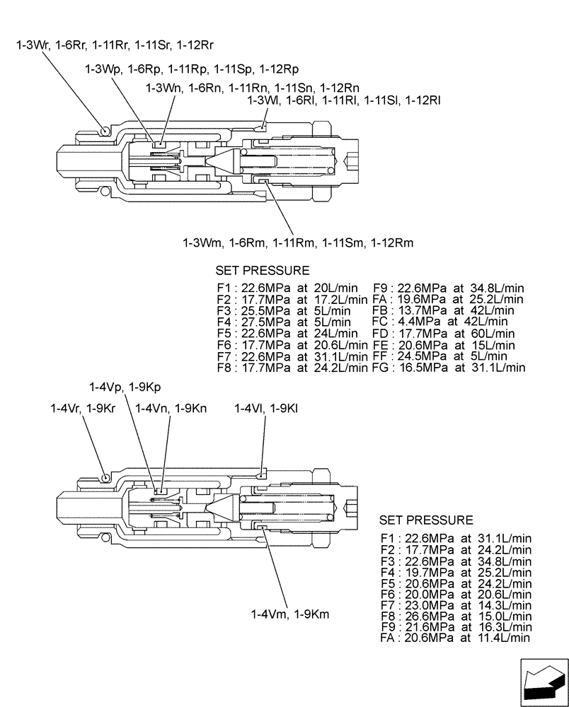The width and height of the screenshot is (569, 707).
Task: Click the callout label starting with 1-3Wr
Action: (115, 46)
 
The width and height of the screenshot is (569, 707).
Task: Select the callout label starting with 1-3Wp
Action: (191, 69)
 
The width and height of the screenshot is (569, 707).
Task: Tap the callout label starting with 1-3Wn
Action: (252, 88)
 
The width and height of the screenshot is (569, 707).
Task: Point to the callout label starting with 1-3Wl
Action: (344, 100)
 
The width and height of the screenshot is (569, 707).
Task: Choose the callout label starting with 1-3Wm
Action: (297, 243)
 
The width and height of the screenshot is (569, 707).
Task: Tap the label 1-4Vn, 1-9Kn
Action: (171, 409)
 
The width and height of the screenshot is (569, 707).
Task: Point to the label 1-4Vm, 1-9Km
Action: (290, 614)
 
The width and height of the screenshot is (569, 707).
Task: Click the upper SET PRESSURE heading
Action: (262, 271)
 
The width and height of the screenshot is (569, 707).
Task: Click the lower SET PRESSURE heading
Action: (425, 520)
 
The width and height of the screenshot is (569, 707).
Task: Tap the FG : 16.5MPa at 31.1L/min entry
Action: (448, 367)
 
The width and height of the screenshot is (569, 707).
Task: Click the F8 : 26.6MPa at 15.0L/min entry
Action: (455, 616)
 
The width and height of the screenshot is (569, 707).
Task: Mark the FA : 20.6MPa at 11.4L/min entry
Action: (455, 638)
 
